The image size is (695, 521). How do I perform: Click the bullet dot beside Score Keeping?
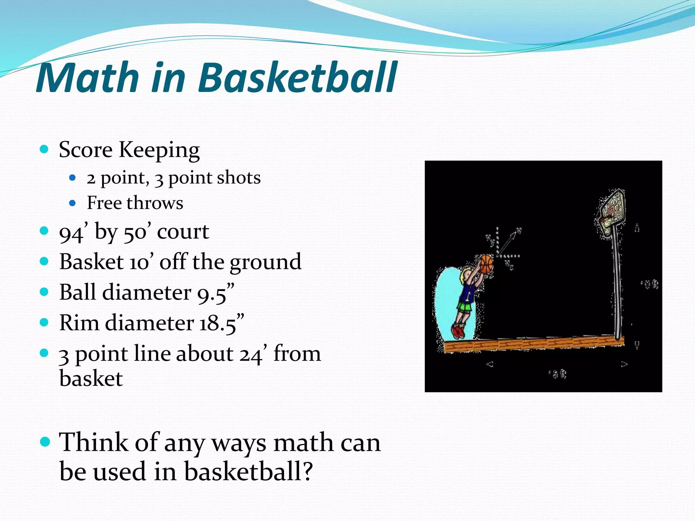44,149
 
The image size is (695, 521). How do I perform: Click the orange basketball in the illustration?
486,264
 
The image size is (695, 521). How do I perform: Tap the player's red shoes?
458,331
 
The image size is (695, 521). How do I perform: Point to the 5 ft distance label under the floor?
558,374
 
